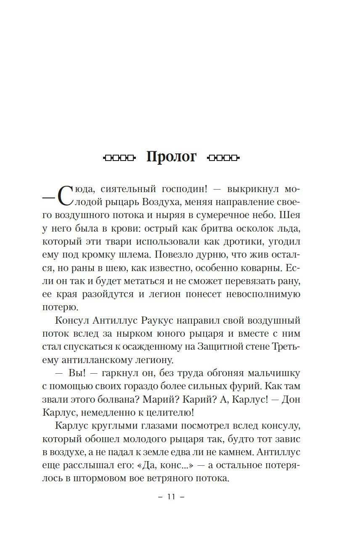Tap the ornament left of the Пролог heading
click(x=119, y=158)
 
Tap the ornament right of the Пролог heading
click(x=223, y=158)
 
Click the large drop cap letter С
click(x=66, y=195)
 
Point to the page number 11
click(x=171, y=496)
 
